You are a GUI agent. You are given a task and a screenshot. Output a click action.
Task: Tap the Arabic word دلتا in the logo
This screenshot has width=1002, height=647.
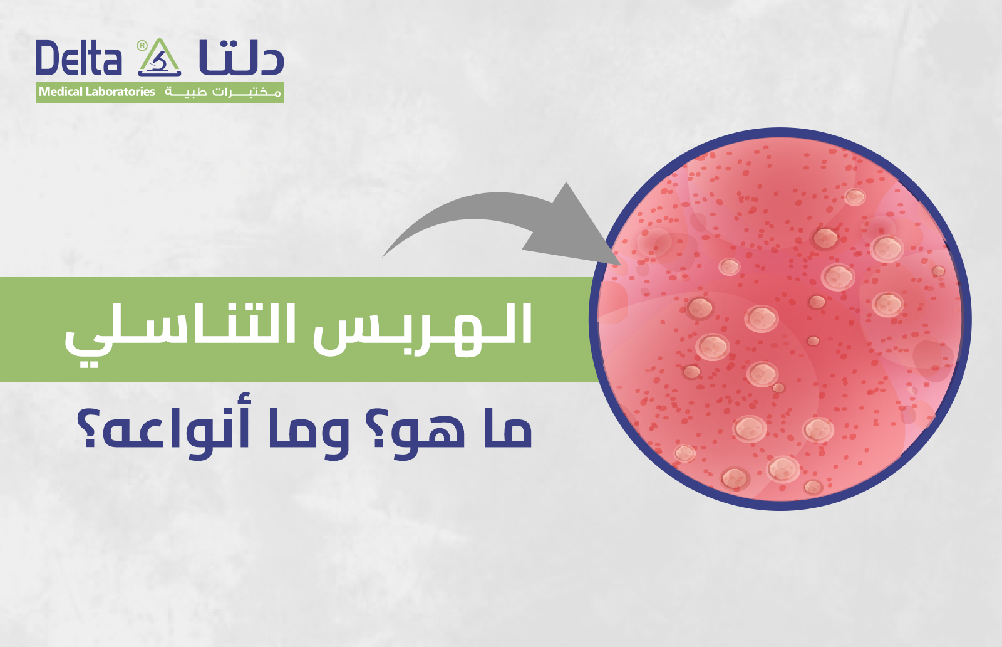click(241, 58)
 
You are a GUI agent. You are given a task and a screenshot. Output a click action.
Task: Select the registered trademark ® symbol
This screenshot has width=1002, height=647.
click(142, 45)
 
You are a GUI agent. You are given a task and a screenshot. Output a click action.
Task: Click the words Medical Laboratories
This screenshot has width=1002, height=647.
click(97, 92)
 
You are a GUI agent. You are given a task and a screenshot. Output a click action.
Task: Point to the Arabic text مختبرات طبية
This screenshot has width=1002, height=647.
click(222, 92)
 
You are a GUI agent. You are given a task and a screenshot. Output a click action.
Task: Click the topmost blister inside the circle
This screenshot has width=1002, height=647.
click(854, 197)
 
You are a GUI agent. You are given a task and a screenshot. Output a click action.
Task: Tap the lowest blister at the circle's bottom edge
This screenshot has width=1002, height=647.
click(813, 487)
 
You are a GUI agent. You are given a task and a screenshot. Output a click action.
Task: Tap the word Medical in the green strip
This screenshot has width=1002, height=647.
click(61, 92)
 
